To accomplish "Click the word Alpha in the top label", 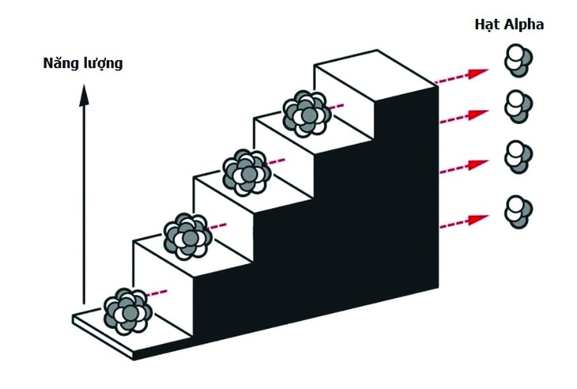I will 524,24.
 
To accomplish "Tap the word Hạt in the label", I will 484,24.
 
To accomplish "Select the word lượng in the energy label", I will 104,63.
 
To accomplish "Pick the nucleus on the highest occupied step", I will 306,112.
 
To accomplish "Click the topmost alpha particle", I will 519,61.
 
